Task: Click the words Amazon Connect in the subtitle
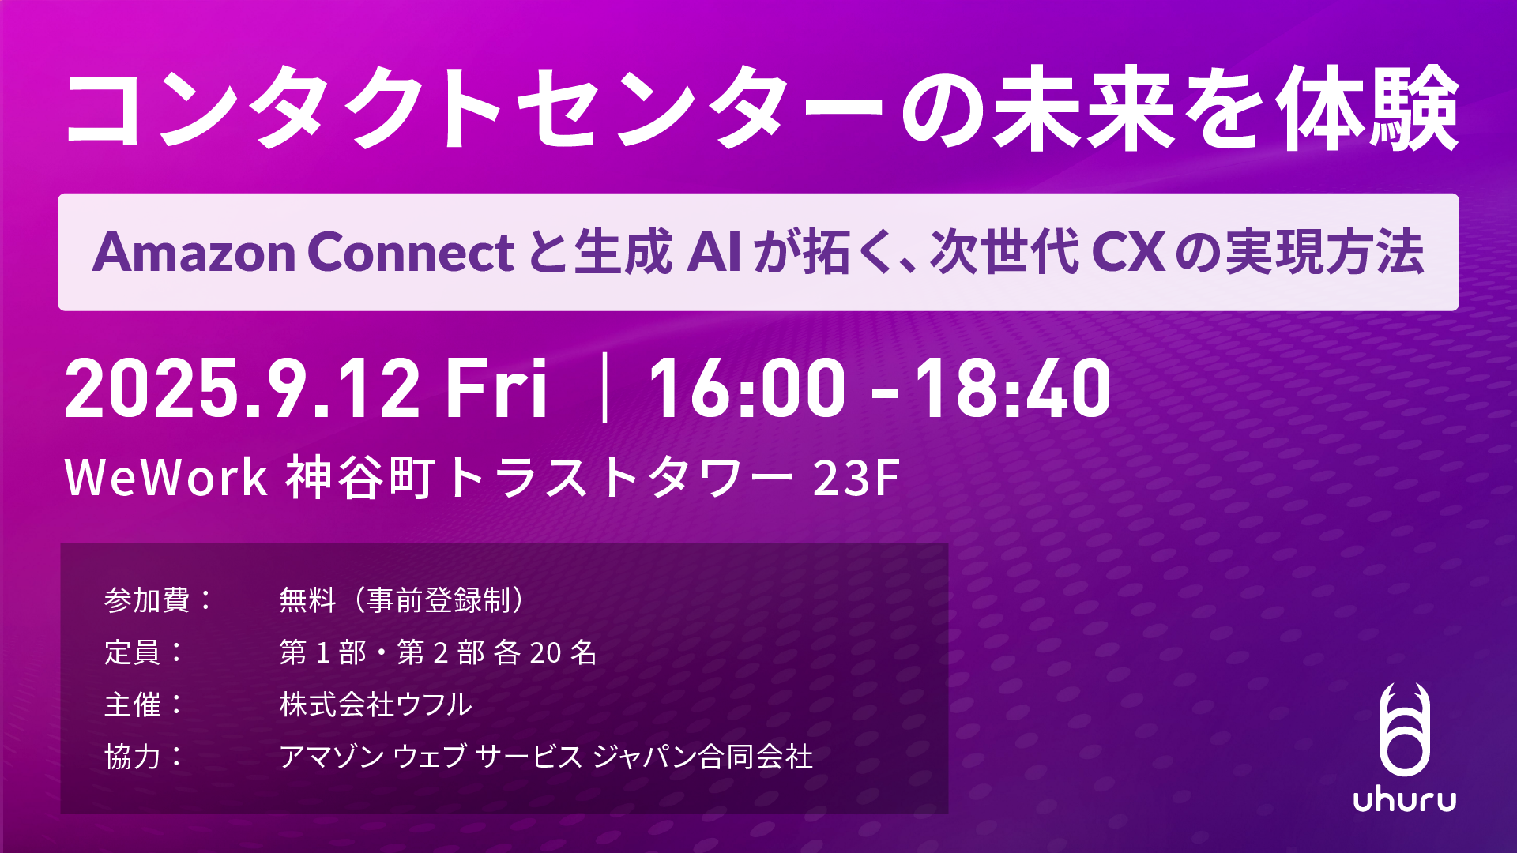[x=303, y=253]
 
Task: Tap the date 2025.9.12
[x=242, y=388]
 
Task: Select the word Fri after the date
[x=496, y=388]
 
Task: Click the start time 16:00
[x=747, y=388]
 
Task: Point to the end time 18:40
[x=1013, y=388]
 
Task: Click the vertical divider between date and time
[x=604, y=388]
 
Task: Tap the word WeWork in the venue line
[x=166, y=477]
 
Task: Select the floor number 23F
[x=856, y=477]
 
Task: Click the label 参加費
[x=147, y=600]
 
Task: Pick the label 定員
[x=133, y=652]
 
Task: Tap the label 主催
[x=133, y=705]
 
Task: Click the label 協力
[x=133, y=757]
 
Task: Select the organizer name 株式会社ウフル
[x=376, y=705]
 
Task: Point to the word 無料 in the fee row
[x=308, y=600]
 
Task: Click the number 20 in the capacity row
[x=545, y=652]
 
